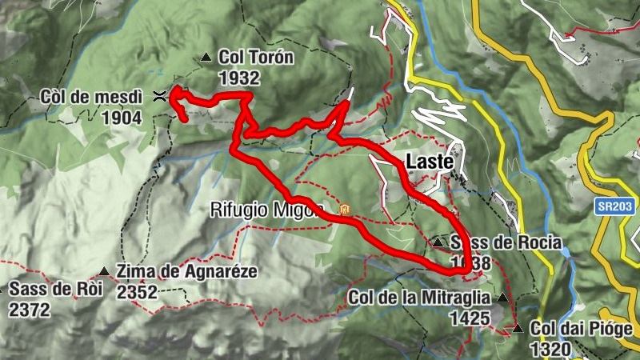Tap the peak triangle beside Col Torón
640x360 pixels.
pos(206,58)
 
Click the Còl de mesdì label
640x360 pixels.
pos(90,98)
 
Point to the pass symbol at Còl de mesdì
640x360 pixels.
pos(159,97)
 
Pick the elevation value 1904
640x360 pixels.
pos(122,118)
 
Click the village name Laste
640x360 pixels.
pos(430,161)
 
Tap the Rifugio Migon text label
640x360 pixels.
pos(267,210)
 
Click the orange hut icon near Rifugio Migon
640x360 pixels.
pos(346,210)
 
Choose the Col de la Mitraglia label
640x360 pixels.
pos(419,298)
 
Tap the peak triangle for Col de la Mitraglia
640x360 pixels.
pos(502,298)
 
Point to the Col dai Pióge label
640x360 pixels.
pos(582,329)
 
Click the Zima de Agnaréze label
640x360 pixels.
pos(187,271)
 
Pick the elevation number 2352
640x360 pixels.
pos(137,291)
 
